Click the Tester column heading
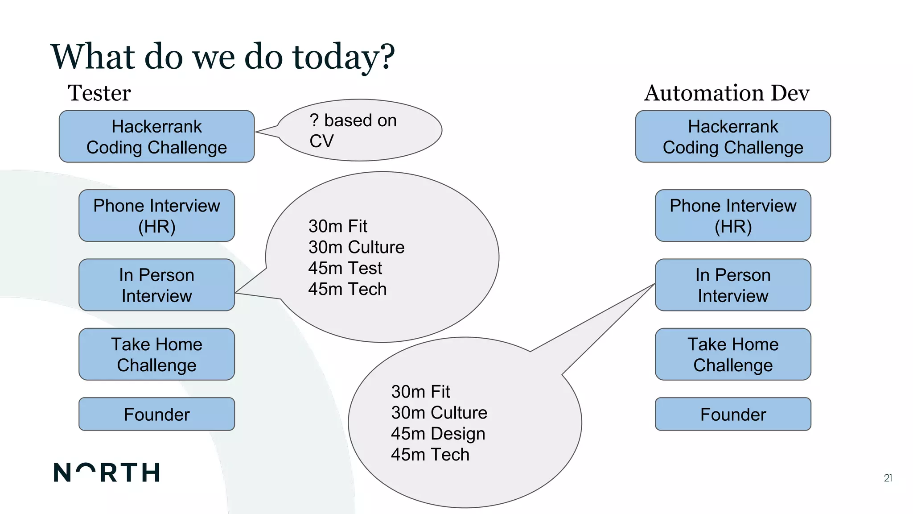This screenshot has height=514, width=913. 99,93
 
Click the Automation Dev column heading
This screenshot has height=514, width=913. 727,93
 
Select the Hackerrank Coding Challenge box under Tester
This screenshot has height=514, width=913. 156,137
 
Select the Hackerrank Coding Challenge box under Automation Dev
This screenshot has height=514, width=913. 733,137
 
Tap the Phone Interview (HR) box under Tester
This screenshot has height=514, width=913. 156,216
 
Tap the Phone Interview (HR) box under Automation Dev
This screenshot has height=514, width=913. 733,216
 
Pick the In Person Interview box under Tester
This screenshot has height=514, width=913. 156,285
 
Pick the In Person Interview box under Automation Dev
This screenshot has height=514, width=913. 733,285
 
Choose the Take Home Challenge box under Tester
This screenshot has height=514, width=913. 156,354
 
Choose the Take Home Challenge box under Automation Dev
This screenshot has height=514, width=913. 733,354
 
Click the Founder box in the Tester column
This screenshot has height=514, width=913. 156,414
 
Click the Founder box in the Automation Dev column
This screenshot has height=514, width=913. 733,414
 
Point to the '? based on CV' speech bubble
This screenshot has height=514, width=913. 359,130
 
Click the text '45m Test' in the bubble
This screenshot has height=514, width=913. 345,268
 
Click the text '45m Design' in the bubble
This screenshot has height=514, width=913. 438,434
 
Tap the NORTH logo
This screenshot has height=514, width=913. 107,473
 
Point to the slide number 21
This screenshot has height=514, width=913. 888,478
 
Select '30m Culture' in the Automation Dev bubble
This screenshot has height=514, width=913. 439,413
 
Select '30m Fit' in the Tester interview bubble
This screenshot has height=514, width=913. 337,226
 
